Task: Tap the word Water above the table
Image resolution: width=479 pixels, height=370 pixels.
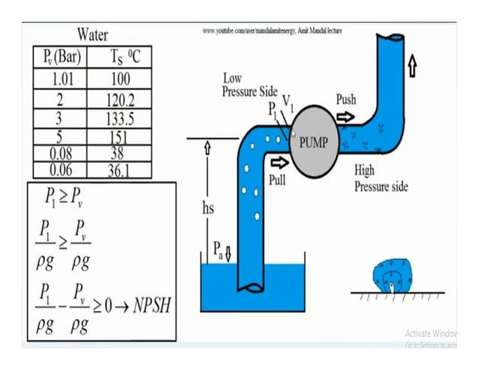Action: pyautogui.click(x=92, y=35)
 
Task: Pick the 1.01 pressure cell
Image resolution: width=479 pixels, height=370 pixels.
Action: pyautogui.click(x=60, y=79)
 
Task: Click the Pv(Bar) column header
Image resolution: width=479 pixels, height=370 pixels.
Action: pyautogui.click(x=60, y=57)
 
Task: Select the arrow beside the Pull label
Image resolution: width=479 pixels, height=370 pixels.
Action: pyautogui.click(x=279, y=161)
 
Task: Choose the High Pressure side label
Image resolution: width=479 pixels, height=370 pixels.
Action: pyautogui.click(x=381, y=179)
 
